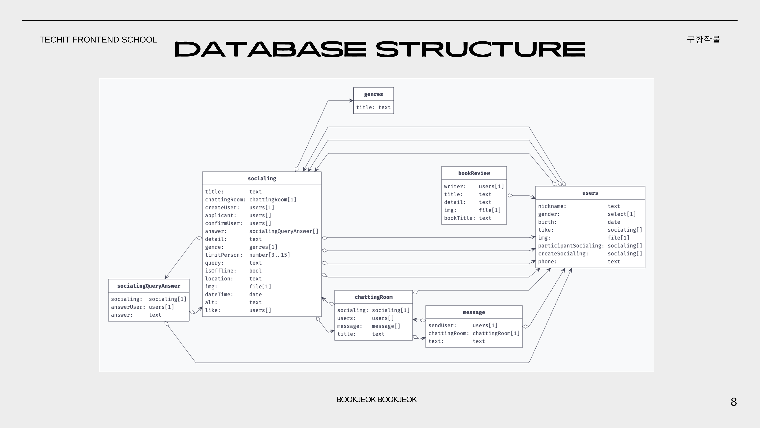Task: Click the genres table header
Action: click(x=373, y=94)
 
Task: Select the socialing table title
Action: click(x=262, y=178)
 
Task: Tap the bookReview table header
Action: click(x=474, y=173)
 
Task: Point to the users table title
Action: click(x=590, y=193)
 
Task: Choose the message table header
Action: click(x=474, y=312)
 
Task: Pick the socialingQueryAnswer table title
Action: click(x=149, y=286)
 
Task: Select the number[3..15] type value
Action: click(x=269, y=255)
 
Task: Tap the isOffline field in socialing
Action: click(x=221, y=270)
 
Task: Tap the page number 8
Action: click(x=734, y=402)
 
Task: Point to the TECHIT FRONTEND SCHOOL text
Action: click(x=98, y=40)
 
